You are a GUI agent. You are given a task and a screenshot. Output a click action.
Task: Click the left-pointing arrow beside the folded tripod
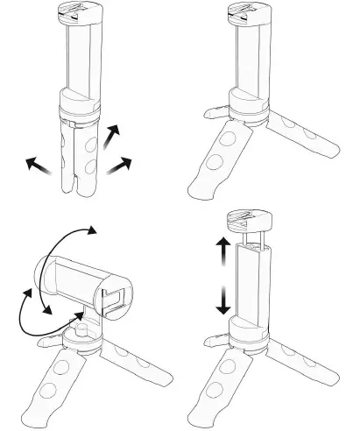(38, 164)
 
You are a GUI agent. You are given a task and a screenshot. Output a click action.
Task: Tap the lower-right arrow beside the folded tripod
(120, 164)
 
